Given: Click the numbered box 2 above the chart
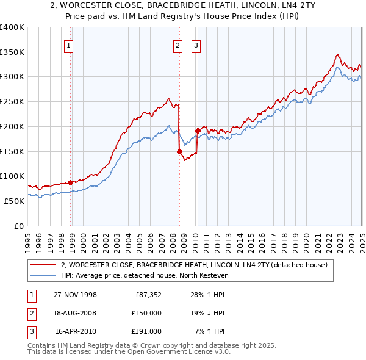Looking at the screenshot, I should (x=178, y=45).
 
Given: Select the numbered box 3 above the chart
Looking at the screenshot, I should (x=196, y=45).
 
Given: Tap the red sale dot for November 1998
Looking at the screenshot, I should (x=71, y=182).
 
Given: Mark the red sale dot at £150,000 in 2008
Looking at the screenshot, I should (x=179, y=151).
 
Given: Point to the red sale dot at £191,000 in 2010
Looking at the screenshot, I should (x=198, y=131).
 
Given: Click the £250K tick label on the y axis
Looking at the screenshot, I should (x=12, y=102).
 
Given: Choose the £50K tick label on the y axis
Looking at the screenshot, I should (x=15, y=201).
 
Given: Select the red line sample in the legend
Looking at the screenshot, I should (x=43, y=265).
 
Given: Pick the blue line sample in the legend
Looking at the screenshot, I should (x=43, y=276).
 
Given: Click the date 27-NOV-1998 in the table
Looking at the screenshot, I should (x=75, y=295).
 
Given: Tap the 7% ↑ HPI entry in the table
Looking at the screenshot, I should (x=210, y=331).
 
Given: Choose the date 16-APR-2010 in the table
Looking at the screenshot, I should (x=76, y=331).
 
